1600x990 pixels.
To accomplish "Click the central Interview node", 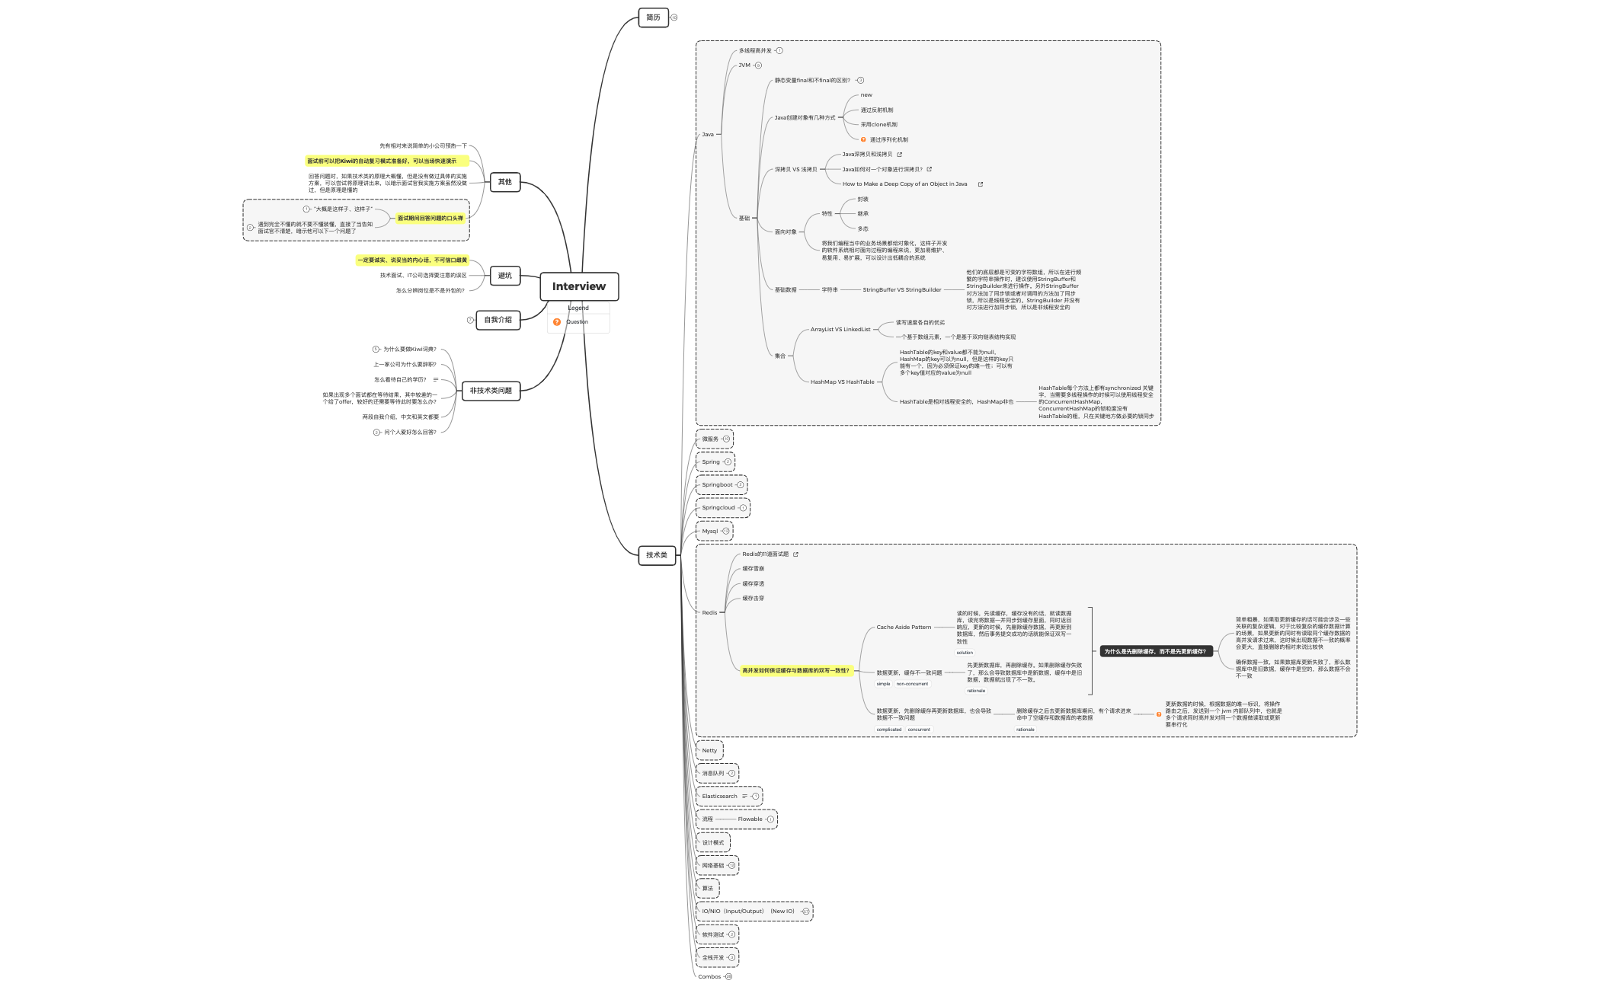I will point(579,286).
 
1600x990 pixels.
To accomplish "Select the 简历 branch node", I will point(653,18).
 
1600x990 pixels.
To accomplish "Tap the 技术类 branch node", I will point(656,555).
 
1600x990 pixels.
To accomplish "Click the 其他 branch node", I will point(504,182).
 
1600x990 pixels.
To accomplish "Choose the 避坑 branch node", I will point(504,276).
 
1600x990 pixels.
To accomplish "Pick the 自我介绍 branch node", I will point(498,320).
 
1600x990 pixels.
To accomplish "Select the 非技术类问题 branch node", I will point(491,391).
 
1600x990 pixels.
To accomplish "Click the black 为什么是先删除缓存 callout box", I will point(1155,652).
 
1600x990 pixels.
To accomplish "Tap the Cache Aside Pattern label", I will point(904,628).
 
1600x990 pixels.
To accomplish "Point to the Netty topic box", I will point(709,751).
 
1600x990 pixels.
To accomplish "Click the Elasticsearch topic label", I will point(719,797).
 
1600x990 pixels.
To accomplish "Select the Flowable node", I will point(750,819).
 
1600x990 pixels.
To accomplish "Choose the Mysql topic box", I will point(710,532).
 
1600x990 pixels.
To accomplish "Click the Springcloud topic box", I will point(718,508).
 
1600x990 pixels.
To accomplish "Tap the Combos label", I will point(709,977).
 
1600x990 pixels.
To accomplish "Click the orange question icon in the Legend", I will point(557,322).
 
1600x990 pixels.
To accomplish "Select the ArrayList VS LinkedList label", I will point(840,330).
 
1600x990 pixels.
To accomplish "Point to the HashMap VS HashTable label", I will point(842,382).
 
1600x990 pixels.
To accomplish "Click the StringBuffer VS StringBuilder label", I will point(902,290).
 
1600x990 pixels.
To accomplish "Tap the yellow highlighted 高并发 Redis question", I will point(795,671).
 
